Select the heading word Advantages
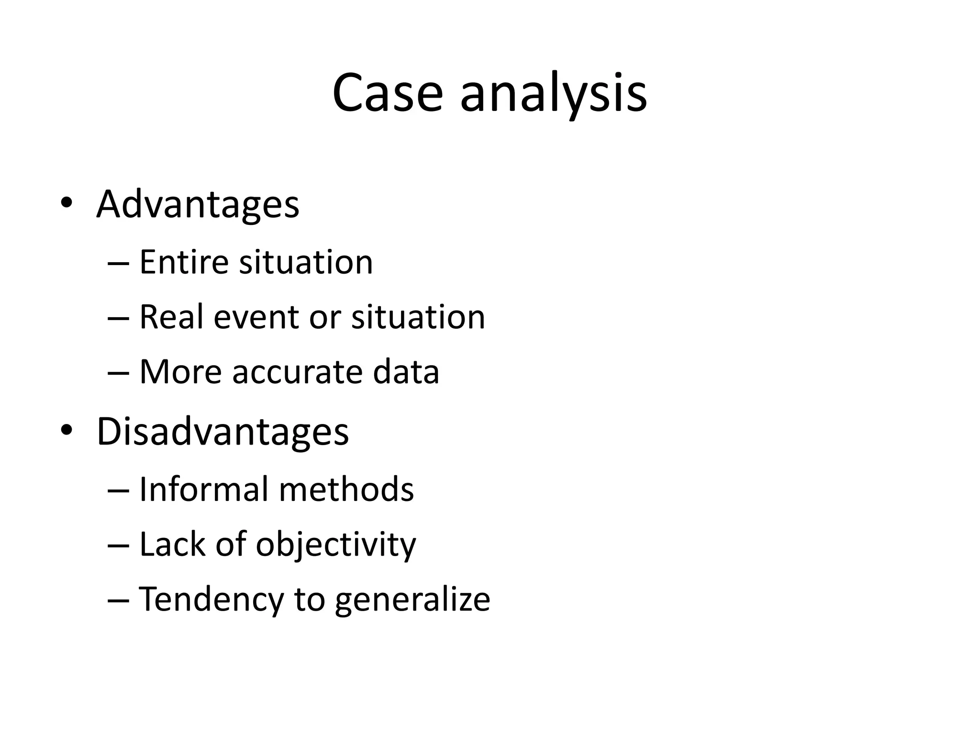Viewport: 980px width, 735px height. (198, 205)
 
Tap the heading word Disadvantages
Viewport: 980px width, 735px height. (223, 432)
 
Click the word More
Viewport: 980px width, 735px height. (180, 372)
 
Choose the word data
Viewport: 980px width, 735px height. (406, 372)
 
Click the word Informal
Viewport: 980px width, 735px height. (203, 490)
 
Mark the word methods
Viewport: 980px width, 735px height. (346, 490)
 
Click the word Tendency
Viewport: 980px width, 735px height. (211, 599)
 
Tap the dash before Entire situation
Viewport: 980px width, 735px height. (119, 263)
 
